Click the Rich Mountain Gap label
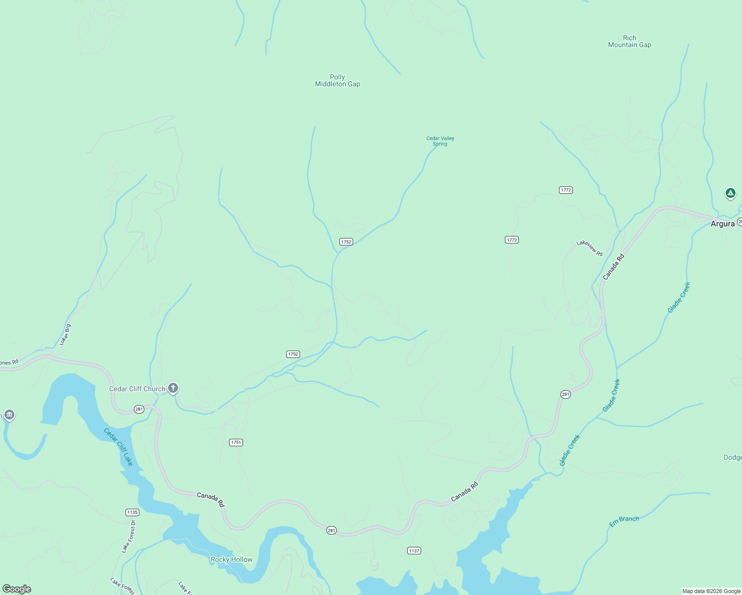(x=629, y=41)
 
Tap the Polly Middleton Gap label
(x=337, y=80)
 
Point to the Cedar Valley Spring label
(x=440, y=141)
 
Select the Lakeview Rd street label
(x=589, y=248)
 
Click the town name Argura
(x=722, y=224)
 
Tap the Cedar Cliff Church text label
(x=137, y=389)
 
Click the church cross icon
(x=173, y=388)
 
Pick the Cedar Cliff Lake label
(x=119, y=447)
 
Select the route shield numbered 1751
(x=236, y=442)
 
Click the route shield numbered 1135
(x=132, y=512)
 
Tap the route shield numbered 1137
(x=414, y=550)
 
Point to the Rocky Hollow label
(x=232, y=559)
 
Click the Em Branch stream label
(x=624, y=521)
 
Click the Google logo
(x=17, y=589)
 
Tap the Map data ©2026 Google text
(x=711, y=591)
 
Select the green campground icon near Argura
(x=730, y=193)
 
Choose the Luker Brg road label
(x=65, y=335)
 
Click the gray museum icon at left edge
(x=9, y=415)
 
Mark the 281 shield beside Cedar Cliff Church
(x=139, y=409)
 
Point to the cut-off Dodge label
(x=732, y=457)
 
